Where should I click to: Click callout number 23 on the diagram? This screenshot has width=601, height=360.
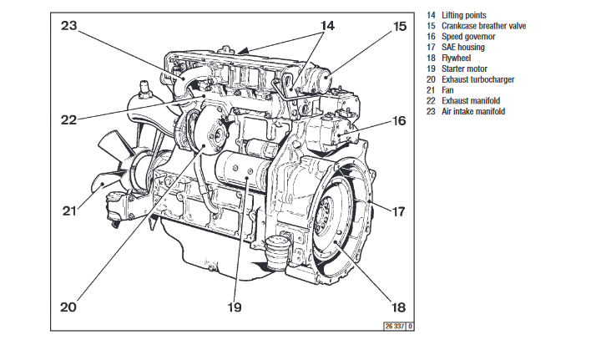(68, 25)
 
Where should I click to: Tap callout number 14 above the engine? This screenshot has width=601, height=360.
(327, 26)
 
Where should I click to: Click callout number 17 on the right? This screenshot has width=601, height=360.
(398, 211)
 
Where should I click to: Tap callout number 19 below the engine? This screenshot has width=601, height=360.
(235, 307)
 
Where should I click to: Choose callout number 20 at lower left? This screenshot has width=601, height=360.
(68, 307)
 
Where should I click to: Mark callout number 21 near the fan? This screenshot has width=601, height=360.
(68, 211)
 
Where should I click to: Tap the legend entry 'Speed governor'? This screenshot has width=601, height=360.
(468, 37)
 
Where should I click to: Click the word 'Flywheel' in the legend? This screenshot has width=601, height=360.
(459, 58)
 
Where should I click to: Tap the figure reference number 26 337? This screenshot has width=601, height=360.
(393, 326)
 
